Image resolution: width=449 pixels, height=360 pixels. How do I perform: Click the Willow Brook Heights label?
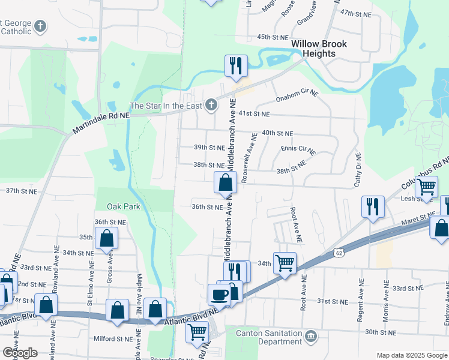313,49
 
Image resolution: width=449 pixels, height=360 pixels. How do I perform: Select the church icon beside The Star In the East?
210,106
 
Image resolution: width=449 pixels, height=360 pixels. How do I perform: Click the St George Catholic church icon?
40,26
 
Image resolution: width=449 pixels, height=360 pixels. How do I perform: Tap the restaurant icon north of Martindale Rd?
236,65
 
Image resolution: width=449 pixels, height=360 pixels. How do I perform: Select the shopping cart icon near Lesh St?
426,186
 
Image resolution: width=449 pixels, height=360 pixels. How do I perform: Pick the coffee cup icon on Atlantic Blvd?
219,294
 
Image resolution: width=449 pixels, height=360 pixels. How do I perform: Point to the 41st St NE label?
254,113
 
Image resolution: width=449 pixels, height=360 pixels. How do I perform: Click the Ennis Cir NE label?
298,148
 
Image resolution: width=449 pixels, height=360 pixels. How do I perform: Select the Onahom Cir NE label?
296,96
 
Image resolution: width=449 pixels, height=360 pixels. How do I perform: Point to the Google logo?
20,353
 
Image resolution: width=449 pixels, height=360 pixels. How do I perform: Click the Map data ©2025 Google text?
412,355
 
